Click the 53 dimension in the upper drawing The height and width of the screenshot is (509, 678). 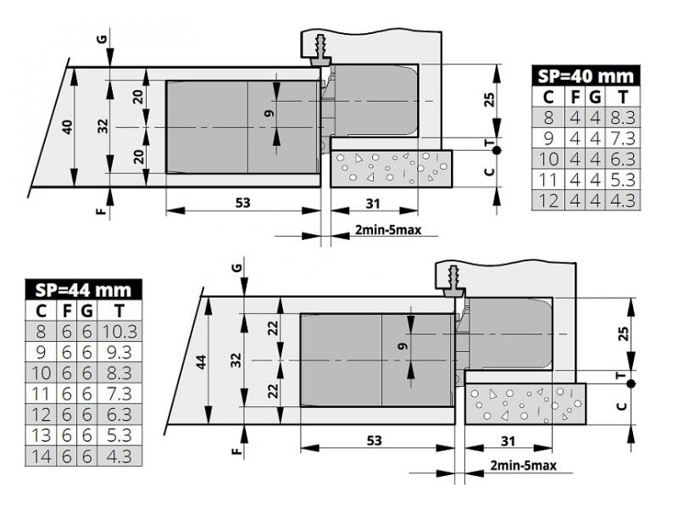point(243,202)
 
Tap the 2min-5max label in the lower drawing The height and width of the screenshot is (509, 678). point(523,467)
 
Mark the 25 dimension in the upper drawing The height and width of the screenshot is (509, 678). point(488,99)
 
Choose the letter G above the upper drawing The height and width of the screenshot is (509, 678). point(103,38)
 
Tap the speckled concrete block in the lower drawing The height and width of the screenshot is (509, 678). point(525,403)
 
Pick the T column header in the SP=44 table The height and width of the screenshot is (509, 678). point(123,310)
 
